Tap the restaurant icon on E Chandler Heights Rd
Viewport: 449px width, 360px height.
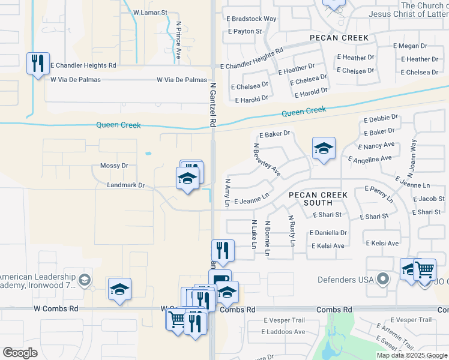tap(38, 63)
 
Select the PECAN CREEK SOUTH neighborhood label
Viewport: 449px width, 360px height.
tap(318, 199)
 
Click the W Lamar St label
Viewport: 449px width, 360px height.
tap(150, 12)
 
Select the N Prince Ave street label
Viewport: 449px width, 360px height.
tap(178, 40)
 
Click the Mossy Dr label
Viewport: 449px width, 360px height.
tap(114, 166)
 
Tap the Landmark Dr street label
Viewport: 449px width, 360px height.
tap(125, 185)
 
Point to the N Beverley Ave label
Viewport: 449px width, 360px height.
tap(267, 160)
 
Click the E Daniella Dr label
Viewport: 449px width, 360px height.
tap(328, 233)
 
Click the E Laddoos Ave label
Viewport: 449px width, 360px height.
tap(283, 332)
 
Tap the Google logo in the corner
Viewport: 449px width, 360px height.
tap(20, 353)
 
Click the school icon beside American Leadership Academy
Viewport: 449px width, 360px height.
tap(119, 289)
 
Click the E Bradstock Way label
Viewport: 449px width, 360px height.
tap(252, 19)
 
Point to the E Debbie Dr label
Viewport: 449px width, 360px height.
tap(381, 118)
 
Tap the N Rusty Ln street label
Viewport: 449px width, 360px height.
tap(291, 231)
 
